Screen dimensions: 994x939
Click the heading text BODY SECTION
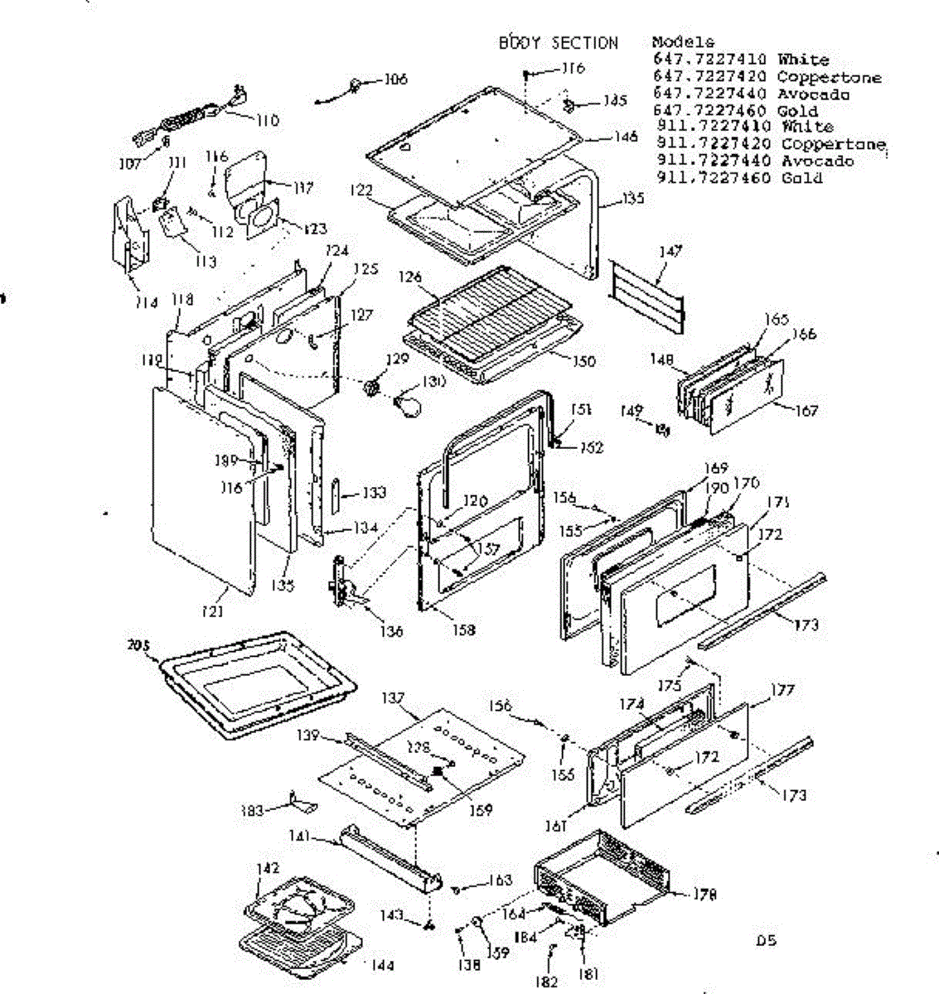558,43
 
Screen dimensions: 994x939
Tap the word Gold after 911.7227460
801,178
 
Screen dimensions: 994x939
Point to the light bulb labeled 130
409,405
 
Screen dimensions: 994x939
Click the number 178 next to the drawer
705,895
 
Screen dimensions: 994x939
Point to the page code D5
766,941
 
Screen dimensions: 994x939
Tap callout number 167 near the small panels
805,411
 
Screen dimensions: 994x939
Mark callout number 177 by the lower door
782,689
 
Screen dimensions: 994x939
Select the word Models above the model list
683,42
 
